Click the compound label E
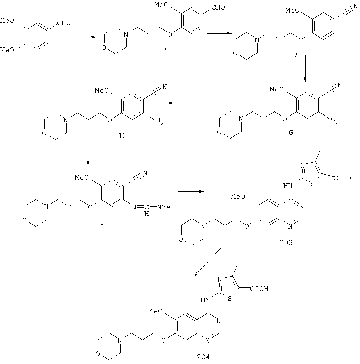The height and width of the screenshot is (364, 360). [165, 49]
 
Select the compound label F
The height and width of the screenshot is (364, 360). [296, 55]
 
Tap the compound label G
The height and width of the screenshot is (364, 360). [291, 132]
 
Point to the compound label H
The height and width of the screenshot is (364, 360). [122, 135]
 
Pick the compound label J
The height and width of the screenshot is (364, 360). [102, 222]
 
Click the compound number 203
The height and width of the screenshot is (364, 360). [286, 243]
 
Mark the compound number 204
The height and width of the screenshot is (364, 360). [203, 357]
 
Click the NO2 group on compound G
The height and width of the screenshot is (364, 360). [332, 120]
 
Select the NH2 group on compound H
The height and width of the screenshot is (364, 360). [157, 121]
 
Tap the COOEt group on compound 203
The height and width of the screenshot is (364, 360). [345, 178]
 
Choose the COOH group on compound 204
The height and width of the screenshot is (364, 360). [259, 289]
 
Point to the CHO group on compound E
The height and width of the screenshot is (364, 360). [218, 7]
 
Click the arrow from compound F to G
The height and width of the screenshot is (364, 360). [305, 69]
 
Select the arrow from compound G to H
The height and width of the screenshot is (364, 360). [180, 103]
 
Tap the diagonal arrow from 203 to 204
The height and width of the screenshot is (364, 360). [210, 260]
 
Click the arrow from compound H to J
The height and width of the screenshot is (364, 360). [88, 152]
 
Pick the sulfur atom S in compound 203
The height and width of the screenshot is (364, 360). [313, 184]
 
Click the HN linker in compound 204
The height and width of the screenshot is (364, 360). [205, 300]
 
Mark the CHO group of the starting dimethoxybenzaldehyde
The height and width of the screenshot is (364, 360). [64, 23]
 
